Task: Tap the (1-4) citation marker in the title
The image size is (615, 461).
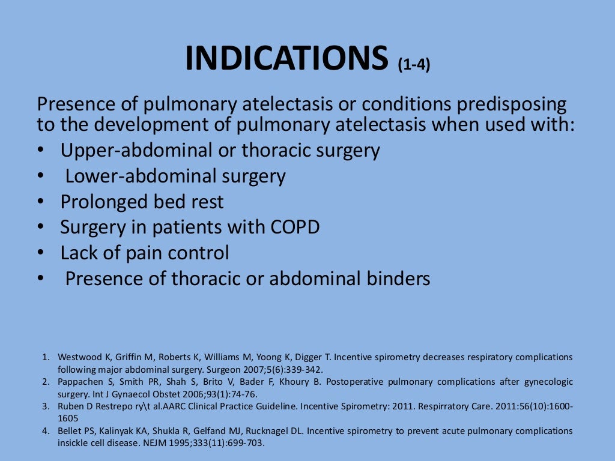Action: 414,65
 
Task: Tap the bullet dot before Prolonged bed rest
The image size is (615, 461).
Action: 40,202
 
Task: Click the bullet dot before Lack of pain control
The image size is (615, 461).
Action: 40,253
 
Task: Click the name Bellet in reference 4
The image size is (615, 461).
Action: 70,431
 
